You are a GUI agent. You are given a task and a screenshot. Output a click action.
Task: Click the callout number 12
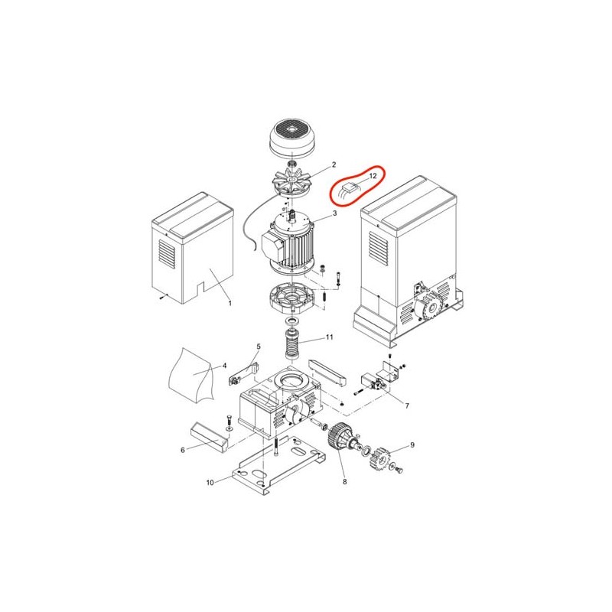tap(373, 176)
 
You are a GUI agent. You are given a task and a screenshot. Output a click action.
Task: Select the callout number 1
tap(230, 303)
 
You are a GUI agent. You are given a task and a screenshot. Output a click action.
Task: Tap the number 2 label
tap(334, 164)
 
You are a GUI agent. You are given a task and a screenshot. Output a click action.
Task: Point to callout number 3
tap(334, 213)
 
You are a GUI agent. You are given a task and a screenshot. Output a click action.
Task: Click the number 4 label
tap(224, 366)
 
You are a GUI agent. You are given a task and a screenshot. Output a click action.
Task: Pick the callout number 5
tap(259, 347)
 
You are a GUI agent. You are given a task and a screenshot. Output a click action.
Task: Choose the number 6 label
tap(183, 450)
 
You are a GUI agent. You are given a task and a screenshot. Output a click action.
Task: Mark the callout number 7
tap(407, 406)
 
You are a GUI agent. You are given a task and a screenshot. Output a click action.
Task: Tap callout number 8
tap(345, 482)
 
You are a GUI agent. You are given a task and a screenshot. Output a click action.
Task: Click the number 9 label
tap(412, 445)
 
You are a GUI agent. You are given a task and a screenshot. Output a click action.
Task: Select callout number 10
tap(210, 483)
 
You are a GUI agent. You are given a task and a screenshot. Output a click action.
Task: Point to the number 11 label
tap(330, 337)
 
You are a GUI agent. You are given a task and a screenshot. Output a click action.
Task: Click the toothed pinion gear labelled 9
tap(380, 458)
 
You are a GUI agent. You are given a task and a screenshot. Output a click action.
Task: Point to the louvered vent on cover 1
tap(167, 254)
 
